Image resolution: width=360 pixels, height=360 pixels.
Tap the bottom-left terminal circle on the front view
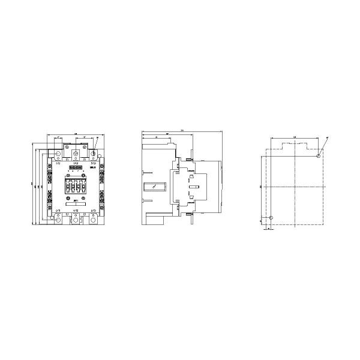pos(58,219)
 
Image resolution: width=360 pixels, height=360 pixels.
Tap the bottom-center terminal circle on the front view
pos(76,219)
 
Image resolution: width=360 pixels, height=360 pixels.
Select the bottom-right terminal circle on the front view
pos(93,219)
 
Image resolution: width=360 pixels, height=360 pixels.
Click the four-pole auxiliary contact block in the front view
pos(76,186)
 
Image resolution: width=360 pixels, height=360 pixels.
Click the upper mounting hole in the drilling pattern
pos(317,155)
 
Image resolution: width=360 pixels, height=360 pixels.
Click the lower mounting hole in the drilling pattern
pos(271,218)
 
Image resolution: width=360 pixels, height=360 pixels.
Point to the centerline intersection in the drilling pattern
pos(294,187)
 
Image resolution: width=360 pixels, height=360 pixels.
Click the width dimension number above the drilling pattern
pos(294,139)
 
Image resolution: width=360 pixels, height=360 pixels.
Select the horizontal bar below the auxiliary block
pos(76,203)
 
